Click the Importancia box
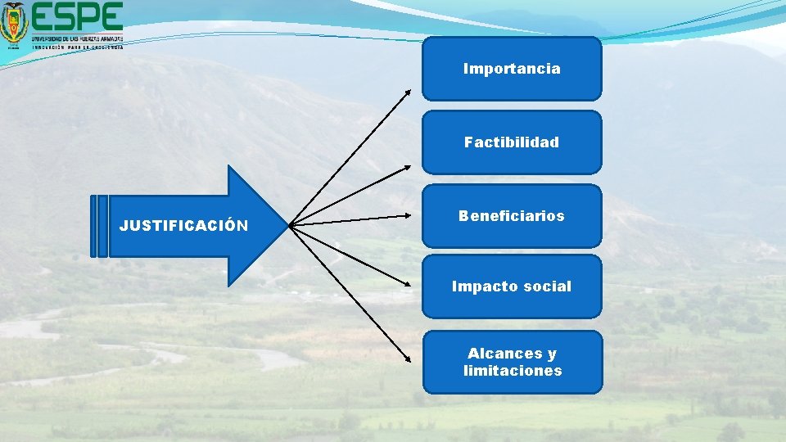(x=512, y=69)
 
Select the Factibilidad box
(x=512, y=142)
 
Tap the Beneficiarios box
(x=512, y=216)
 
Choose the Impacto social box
(x=512, y=286)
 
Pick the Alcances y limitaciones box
(x=512, y=362)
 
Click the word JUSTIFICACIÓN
(x=183, y=225)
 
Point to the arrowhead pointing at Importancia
(x=409, y=92)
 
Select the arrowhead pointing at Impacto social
(x=409, y=284)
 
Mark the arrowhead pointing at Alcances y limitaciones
(x=409, y=361)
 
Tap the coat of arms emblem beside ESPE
(x=14, y=25)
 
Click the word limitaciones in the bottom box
(x=513, y=371)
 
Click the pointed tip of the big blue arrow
(x=287, y=224)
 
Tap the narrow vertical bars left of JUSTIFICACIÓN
(x=98, y=225)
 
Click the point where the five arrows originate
(x=291, y=224)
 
